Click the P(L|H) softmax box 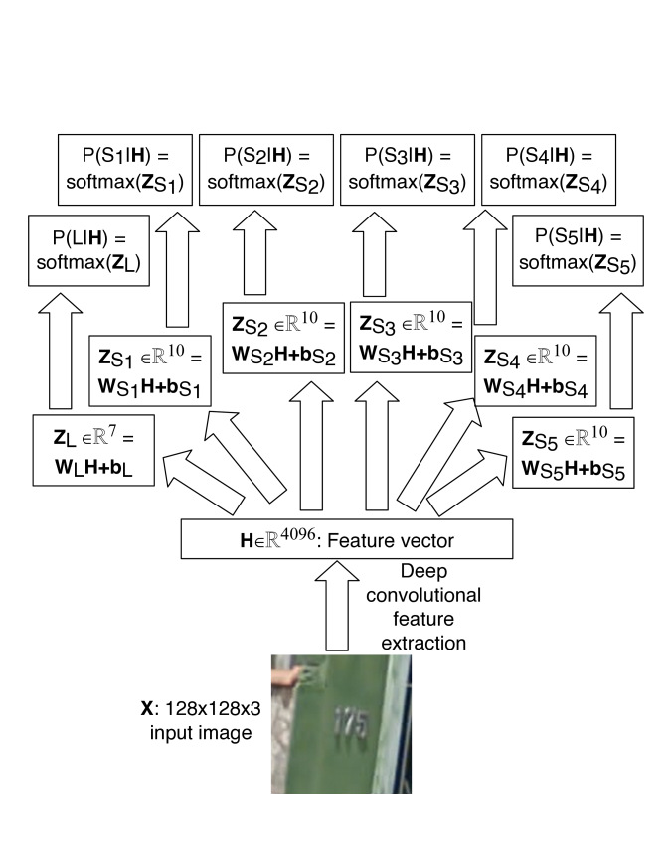pos(90,250)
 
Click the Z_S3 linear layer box pos(408,339)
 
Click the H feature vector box pos(346,538)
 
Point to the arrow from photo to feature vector pos(340,607)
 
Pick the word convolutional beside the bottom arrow pos(437,596)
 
